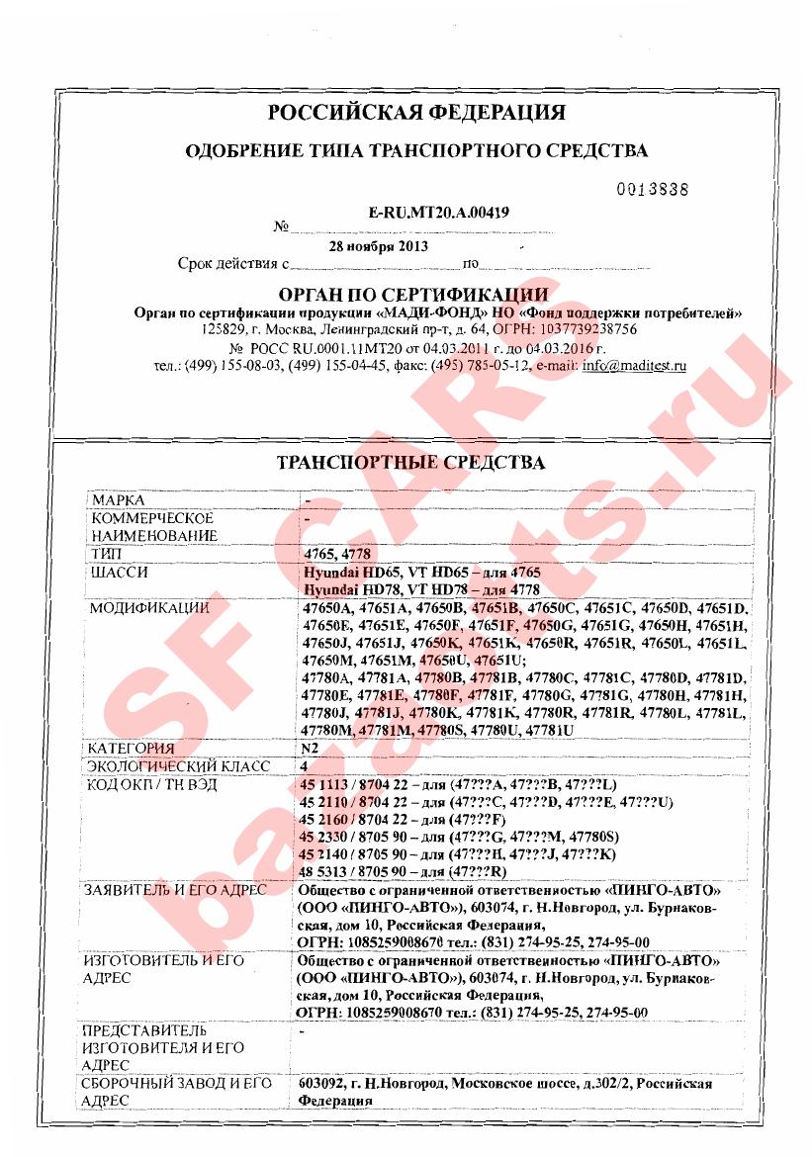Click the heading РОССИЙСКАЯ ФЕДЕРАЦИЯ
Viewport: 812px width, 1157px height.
416,112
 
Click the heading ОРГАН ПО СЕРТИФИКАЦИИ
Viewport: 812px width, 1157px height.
413,295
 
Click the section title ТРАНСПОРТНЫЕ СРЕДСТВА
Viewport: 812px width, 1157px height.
410,463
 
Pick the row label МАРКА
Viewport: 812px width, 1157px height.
118,500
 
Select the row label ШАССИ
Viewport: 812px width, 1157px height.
120,573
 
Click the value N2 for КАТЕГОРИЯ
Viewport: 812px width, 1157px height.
309,749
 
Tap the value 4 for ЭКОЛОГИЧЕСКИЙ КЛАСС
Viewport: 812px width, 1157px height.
304,766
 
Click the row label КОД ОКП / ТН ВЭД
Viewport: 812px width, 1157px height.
152,784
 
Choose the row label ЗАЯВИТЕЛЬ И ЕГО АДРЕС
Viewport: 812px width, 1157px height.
177,890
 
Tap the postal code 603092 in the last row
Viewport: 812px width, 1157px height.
321,1084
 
